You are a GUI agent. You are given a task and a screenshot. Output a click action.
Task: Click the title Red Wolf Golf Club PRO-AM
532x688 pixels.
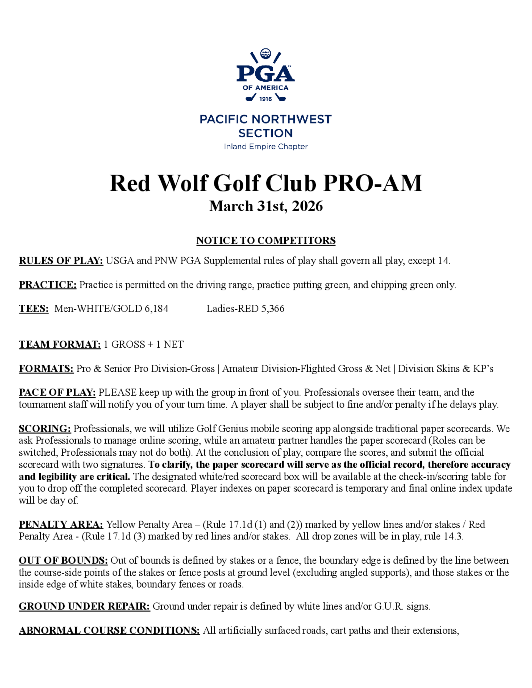tap(266, 183)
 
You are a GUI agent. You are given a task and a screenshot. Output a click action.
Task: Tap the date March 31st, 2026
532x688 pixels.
tap(266, 206)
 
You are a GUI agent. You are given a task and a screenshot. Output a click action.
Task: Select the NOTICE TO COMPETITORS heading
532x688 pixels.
tap(266, 241)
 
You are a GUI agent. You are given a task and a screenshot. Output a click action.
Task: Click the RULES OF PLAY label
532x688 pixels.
tap(61, 261)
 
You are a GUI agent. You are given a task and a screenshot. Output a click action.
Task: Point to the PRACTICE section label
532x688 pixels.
tap(48, 285)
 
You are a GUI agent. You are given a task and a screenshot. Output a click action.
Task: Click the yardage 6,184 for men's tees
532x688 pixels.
tap(156, 308)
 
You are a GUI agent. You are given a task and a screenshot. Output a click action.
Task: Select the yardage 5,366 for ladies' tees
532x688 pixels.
tap(273, 308)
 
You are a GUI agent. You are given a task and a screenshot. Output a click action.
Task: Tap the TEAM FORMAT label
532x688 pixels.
tap(60, 344)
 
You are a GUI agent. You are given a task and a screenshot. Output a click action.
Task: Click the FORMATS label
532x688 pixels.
tap(46, 368)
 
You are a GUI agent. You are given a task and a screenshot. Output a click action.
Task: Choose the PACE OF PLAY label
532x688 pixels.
tap(57, 392)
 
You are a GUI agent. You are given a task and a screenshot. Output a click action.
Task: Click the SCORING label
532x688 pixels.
tap(45, 429)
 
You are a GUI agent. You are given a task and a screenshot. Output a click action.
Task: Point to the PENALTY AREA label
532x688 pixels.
tap(61, 525)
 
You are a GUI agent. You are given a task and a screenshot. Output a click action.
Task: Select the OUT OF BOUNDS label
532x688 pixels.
tap(63, 560)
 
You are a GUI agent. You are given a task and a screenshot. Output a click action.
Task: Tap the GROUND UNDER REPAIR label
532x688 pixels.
tap(84, 606)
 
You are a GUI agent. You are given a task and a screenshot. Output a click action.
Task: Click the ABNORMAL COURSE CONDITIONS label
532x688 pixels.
tap(109, 630)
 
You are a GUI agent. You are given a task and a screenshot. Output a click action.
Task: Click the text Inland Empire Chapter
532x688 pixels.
tap(266, 146)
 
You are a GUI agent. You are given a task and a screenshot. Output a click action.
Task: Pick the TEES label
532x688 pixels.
tap(34, 308)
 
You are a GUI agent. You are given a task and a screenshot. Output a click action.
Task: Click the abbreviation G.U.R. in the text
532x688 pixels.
tap(389, 606)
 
